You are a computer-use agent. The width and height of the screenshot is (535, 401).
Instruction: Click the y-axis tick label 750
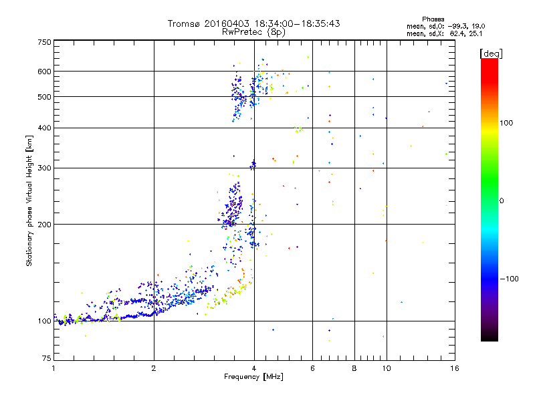click(44, 42)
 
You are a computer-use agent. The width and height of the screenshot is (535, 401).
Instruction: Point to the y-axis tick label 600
click(44, 71)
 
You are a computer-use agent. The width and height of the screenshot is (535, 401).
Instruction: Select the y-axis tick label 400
click(44, 128)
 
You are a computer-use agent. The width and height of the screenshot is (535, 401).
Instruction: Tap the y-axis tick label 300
click(44, 168)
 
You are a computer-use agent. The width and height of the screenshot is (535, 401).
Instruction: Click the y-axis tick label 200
click(44, 224)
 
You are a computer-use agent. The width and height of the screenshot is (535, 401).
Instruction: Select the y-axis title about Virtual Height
click(29, 201)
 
